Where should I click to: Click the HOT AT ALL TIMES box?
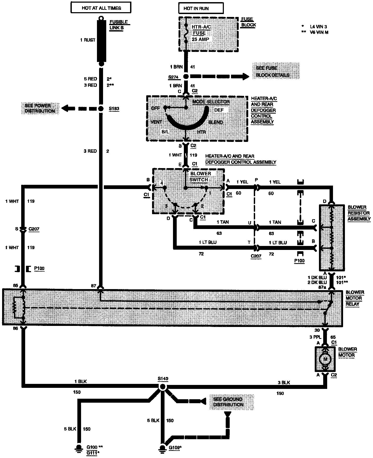101,8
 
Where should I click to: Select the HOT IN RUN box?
197,8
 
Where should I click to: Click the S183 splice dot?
101,109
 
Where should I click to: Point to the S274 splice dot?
186,77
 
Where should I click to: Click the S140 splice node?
163,387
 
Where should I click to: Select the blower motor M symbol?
325,359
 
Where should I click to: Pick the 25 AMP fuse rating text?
201,39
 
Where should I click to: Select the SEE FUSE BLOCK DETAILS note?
273,71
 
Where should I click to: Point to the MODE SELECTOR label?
211,102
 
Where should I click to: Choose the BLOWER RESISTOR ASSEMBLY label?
359,213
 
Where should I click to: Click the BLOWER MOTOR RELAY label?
355,298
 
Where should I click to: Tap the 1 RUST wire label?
88,40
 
